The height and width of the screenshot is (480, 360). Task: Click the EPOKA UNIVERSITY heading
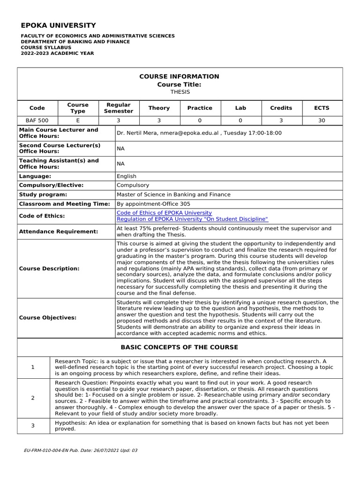58,25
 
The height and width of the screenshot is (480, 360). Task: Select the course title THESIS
180,92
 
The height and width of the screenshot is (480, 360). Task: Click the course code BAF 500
37,120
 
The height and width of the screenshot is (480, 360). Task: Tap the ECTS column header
322,108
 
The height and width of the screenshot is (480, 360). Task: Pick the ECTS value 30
322,120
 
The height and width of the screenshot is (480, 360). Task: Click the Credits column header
281,108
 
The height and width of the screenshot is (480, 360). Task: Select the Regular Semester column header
119,108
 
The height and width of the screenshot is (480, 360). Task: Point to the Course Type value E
78,120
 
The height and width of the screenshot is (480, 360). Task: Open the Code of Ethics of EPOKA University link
164,213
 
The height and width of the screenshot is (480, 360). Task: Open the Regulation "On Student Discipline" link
192,219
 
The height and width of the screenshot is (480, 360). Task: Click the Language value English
127,176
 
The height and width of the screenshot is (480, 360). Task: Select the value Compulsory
133,185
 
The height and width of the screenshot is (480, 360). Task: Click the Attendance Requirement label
59,232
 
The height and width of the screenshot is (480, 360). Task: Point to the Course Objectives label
47,318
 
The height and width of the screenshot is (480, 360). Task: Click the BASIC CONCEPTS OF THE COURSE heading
180,347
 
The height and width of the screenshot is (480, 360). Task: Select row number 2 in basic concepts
33,398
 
